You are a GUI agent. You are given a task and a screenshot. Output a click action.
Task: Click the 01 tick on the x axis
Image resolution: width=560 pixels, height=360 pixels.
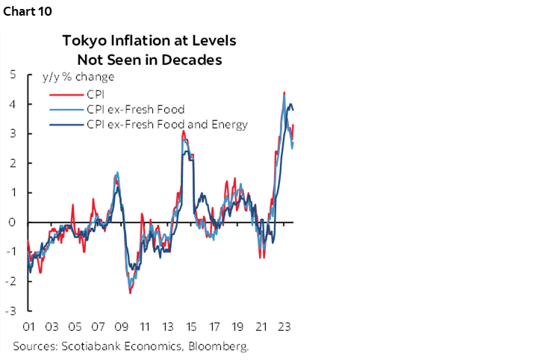(x=30, y=327)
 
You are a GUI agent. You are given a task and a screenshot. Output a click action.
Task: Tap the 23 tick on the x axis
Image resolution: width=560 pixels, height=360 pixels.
(x=283, y=327)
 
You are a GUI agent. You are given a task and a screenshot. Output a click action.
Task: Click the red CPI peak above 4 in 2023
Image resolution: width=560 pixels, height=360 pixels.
(x=284, y=93)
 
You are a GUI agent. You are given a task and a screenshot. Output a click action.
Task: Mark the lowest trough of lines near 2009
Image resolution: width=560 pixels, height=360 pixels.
(x=130, y=292)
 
